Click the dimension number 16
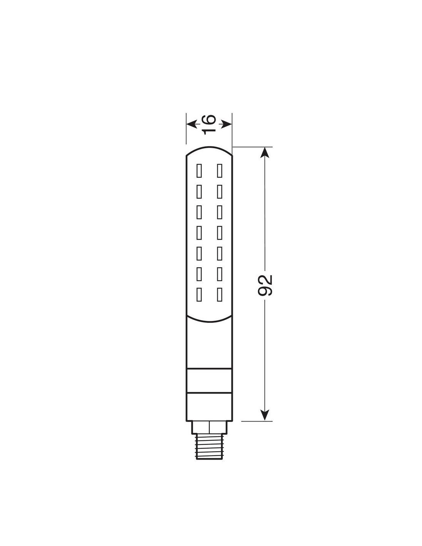click(x=209, y=124)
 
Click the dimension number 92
click(x=265, y=285)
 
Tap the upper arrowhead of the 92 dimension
click(x=265, y=152)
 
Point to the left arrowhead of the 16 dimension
click(x=192, y=124)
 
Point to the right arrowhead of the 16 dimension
click(x=226, y=124)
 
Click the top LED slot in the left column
click(x=199, y=170)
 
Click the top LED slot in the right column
click(x=219, y=170)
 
